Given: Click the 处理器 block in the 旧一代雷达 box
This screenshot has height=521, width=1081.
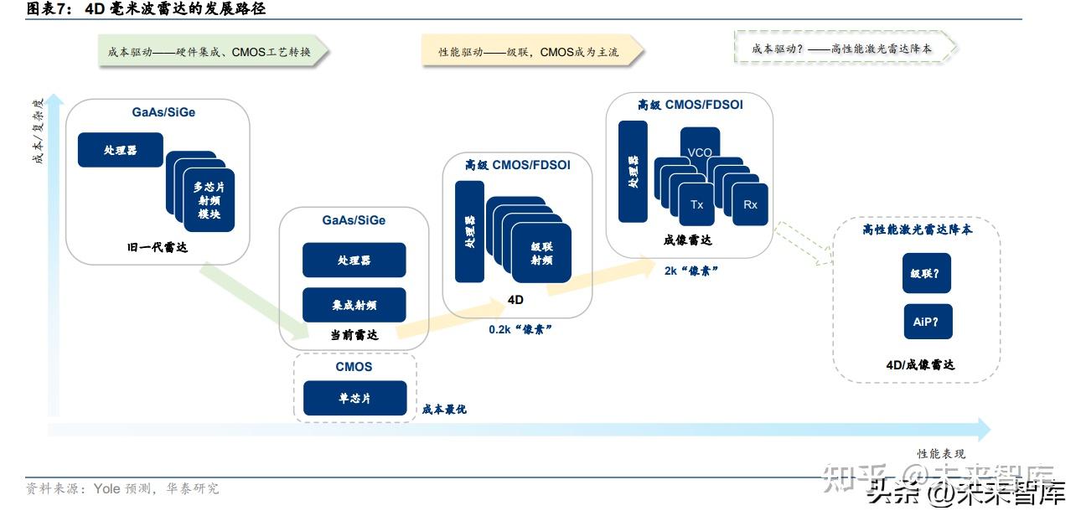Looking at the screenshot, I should pos(120,150).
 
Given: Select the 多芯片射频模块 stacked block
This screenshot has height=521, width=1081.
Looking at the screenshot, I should pos(208,201).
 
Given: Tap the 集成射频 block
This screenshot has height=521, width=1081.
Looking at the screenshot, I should pos(354,305).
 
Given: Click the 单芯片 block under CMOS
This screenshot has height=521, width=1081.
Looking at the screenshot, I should pos(354,398).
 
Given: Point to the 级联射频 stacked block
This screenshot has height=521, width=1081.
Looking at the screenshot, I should pos(541,253).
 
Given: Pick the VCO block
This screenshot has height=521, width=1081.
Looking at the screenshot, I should pos(699,152).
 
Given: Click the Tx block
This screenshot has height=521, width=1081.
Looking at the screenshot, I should pos(696,204).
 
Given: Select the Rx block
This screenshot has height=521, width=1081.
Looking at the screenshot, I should pos(749,204).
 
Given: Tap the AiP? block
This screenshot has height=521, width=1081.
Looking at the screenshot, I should pos(926,322).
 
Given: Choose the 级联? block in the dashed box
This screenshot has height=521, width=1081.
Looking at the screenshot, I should pos(926,273).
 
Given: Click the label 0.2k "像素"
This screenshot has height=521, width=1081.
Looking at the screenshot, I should pos(520,330).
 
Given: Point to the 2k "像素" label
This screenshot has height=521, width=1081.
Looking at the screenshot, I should pos(690,271).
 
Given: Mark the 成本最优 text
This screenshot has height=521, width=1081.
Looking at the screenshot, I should pos(444,410).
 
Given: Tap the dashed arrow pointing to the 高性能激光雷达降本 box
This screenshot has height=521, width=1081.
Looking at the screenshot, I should pos(804,245).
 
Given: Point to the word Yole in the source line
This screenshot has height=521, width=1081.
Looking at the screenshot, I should pos(106,488).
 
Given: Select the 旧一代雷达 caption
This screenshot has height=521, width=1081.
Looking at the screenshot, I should pos(157,247).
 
